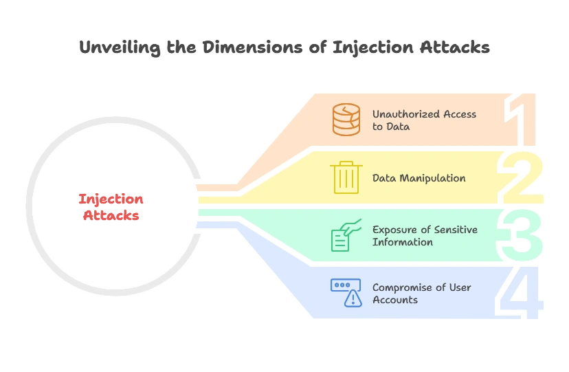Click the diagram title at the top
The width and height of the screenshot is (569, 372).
pyautogui.click(x=284, y=49)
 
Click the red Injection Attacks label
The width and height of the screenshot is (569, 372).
pyautogui.click(x=111, y=207)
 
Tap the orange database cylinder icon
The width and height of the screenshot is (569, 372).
pyautogui.click(x=346, y=120)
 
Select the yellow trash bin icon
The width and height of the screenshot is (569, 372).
pyautogui.click(x=346, y=177)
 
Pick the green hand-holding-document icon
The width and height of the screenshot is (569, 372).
pyautogui.click(x=346, y=235)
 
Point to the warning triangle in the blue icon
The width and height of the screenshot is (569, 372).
pyautogui.click(x=354, y=298)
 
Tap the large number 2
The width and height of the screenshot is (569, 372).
pyautogui.click(x=522, y=177)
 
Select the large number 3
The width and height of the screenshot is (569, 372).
pyautogui.click(x=522, y=235)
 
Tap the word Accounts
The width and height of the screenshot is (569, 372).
pyautogui.click(x=395, y=300)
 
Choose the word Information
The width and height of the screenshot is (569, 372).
pyautogui.click(x=403, y=242)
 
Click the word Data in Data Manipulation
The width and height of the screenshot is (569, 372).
pyautogui.click(x=383, y=178)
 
